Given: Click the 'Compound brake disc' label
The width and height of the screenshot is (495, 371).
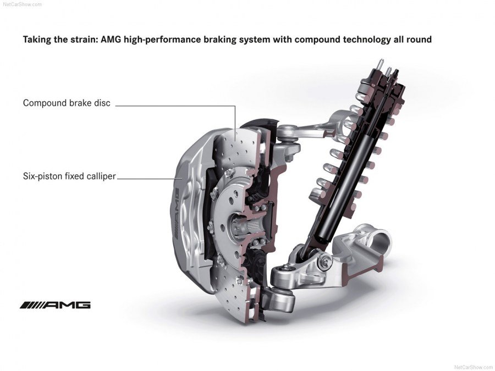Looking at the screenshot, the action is [x=67, y=103].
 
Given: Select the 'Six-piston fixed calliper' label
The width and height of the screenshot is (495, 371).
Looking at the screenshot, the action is [x=69, y=176].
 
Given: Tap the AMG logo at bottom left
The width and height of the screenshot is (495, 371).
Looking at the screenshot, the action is [x=55, y=304].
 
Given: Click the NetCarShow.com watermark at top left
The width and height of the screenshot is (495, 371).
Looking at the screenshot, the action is [x=20, y=4].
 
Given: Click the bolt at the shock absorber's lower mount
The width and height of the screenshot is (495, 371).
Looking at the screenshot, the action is [x=324, y=261].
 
